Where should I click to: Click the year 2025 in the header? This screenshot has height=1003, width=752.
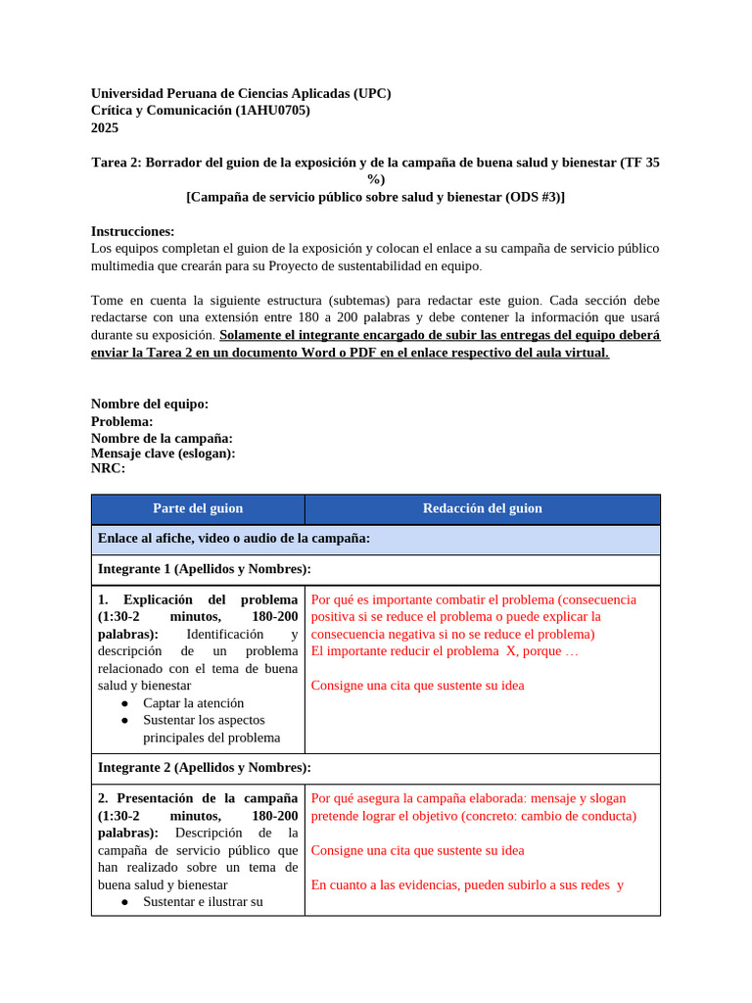(104, 127)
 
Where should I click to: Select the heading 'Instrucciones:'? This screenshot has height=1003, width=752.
(132, 231)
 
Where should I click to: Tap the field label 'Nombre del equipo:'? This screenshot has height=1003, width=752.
(150, 404)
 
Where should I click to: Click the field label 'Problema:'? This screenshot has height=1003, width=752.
(121, 421)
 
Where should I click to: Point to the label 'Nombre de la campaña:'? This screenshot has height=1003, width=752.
(162, 438)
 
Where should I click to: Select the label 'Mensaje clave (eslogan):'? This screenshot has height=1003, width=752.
(163, 454)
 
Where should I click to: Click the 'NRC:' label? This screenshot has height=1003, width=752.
(108, 468)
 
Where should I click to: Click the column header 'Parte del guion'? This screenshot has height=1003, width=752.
(198, 508)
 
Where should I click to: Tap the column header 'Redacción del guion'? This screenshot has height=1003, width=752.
(482, 508)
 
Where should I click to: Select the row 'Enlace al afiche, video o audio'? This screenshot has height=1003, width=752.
(233, 539)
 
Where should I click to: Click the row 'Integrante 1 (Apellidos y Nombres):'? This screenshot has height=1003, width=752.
(205, 569)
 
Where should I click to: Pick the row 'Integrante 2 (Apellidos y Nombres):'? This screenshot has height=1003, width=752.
(205, 767)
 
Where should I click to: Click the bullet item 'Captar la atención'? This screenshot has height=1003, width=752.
(193, 703)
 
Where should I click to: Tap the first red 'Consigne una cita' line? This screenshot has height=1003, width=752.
(417, 685)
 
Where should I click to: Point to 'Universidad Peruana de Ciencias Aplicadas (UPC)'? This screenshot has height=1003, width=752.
(241, 94)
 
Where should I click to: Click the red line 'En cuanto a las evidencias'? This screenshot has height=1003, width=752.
(467, 884)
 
